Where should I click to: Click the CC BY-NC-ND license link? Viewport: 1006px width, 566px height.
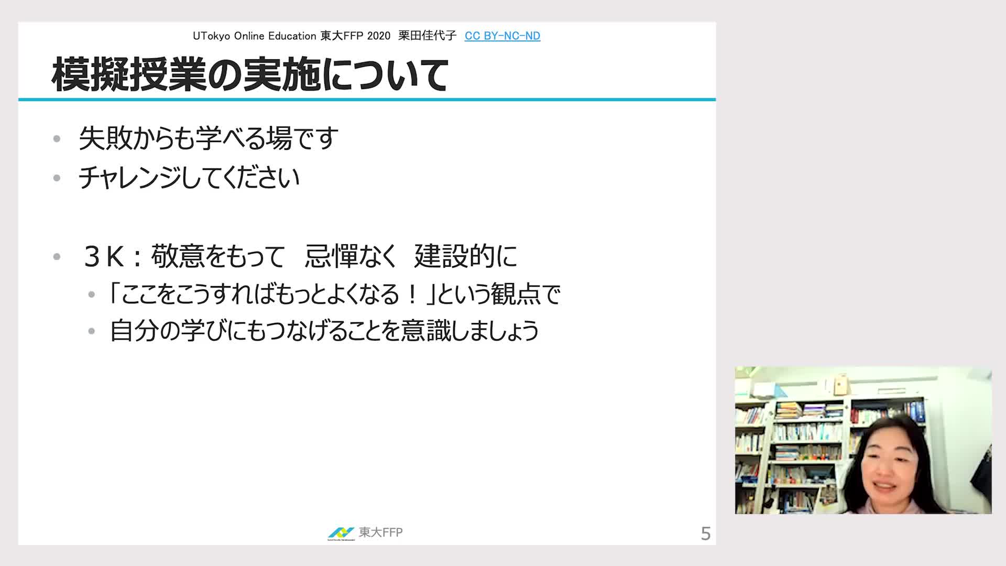tap(502, 36)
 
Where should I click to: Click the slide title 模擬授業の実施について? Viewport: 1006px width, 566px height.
tap(250, 75)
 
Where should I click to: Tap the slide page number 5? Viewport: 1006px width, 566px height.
tap(706, 534)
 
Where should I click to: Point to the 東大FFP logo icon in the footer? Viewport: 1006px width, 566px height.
tap(341, 533)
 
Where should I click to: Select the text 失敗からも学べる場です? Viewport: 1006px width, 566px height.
tap(209, 138)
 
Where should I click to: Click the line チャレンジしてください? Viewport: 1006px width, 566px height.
tap(189, 178)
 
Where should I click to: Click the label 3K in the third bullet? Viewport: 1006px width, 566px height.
tap(104, 257)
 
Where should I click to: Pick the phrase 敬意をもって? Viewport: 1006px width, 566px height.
tap(218, 256)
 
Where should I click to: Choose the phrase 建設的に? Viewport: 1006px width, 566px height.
tap(466, 256)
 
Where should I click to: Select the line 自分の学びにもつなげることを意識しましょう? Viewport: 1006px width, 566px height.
tap(324, 331)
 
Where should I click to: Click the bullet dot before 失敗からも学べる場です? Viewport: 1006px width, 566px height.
tap(57, 139)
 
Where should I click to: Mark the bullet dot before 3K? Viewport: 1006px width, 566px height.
tap(57, 257)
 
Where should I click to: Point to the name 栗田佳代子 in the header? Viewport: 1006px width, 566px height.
tap(428, 36)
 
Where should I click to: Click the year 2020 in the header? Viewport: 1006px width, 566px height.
tap(379, 36)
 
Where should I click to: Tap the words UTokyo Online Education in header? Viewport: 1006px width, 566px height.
tap(255, 36)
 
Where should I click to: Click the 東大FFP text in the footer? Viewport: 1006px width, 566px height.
tap(381, 532)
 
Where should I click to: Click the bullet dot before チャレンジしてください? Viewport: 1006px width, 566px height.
tap(57, 178)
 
